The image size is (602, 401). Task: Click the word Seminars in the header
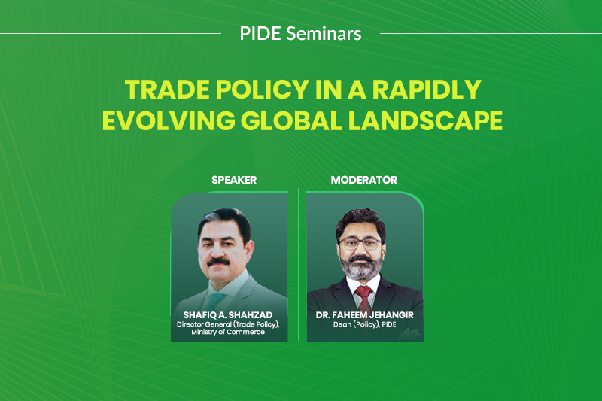(324, 33)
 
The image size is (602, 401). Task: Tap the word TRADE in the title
(167, 90)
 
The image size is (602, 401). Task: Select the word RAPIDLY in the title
(427, 90)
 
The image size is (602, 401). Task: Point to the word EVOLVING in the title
(169, 120)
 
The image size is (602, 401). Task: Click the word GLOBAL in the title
(291, 120)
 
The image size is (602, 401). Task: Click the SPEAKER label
(234, 180)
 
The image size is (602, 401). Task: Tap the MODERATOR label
(364, 180)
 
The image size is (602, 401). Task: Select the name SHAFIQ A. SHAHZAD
(228, 315)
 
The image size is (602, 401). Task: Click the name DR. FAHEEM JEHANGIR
(364, 315)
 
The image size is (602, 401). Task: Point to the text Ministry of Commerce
(228, 332)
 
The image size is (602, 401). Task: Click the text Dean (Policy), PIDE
(364, 324)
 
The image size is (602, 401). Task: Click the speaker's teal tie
(216, 299)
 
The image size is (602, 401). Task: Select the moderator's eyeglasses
(360, 243)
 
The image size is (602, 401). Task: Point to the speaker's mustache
(218, 263)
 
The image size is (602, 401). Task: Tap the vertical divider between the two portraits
(298, 265)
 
